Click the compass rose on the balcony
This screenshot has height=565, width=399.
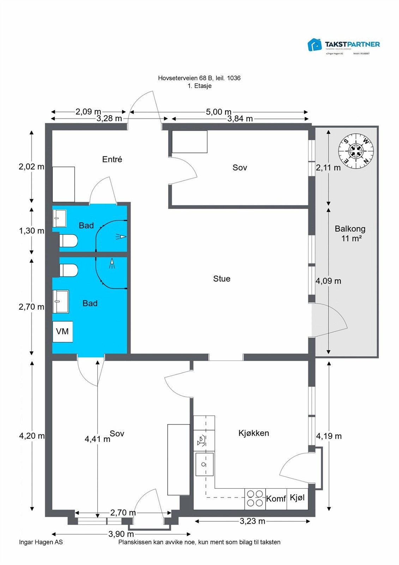point(356,151)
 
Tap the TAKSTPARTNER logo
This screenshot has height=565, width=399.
point(344,45)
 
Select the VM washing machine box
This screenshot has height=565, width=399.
point(62,332)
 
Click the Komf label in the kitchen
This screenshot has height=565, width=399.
point(276,499)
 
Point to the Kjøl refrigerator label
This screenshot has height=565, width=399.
point(297,498)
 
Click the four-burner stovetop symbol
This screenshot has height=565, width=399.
point(255,499)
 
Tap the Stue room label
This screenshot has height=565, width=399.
point(222,279)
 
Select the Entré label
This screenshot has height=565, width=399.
point(112,159)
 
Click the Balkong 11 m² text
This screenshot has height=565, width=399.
point(350,233)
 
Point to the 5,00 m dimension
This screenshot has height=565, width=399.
point(218,112)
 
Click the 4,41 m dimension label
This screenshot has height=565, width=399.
point(97,439)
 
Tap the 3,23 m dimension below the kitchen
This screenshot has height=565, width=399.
point(252,521)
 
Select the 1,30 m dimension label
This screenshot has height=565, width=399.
point(31,231)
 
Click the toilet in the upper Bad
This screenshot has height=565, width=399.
point(68,241)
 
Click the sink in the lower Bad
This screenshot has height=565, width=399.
point(61,302)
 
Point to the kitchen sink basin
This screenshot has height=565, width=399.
point(204,464)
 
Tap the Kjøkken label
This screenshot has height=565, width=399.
point(254,433)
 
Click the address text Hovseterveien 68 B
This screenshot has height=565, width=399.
point(199,78)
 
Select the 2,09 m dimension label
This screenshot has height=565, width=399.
point(88,112)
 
